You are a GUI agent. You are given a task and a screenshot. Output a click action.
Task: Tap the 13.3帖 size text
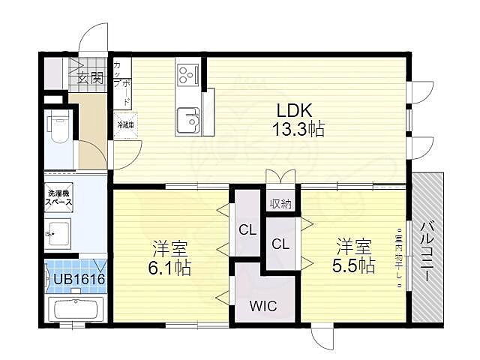click(x=298, y=130)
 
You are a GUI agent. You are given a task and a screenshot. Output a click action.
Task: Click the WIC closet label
click(x=262, y=305)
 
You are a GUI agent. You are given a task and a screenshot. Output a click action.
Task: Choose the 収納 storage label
click(x=281, y=202)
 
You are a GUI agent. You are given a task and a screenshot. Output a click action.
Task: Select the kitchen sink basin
click(x=187, y=118)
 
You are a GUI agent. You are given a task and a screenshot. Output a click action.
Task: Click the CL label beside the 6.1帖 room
click(x=247, y=229)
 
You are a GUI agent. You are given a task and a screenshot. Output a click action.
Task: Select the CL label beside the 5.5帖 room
click(x=280, y=243)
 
